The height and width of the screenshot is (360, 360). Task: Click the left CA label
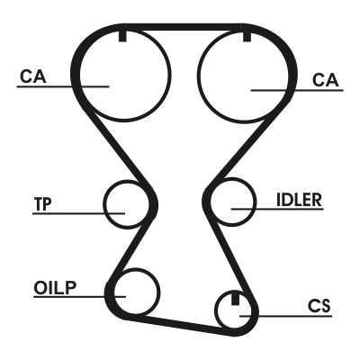tap(33, 76)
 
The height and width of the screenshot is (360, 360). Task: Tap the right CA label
tap(326, 80)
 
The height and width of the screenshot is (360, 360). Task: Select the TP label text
tap(42, 204)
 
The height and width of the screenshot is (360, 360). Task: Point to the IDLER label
tap(299, 200)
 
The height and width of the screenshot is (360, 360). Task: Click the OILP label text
tap(55, 288)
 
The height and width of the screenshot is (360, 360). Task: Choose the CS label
tap(319, 306)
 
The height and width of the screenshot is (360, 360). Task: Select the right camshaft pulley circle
tap(198, 75)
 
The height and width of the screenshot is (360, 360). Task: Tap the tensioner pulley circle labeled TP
tap(103, 204)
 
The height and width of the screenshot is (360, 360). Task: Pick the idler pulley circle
tap(256, 202)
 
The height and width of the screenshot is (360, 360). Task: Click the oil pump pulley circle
tap(159, 292)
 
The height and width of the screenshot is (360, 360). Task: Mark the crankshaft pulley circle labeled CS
tap(215, 310)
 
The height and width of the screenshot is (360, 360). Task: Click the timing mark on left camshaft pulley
tap(122, 36)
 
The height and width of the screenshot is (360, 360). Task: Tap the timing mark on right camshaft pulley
tap(247, 36)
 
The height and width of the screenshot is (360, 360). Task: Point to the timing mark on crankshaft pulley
tap(236, 298)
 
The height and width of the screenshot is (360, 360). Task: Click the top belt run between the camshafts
tap(183, 27)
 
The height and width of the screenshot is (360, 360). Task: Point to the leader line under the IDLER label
tap(277, 209)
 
